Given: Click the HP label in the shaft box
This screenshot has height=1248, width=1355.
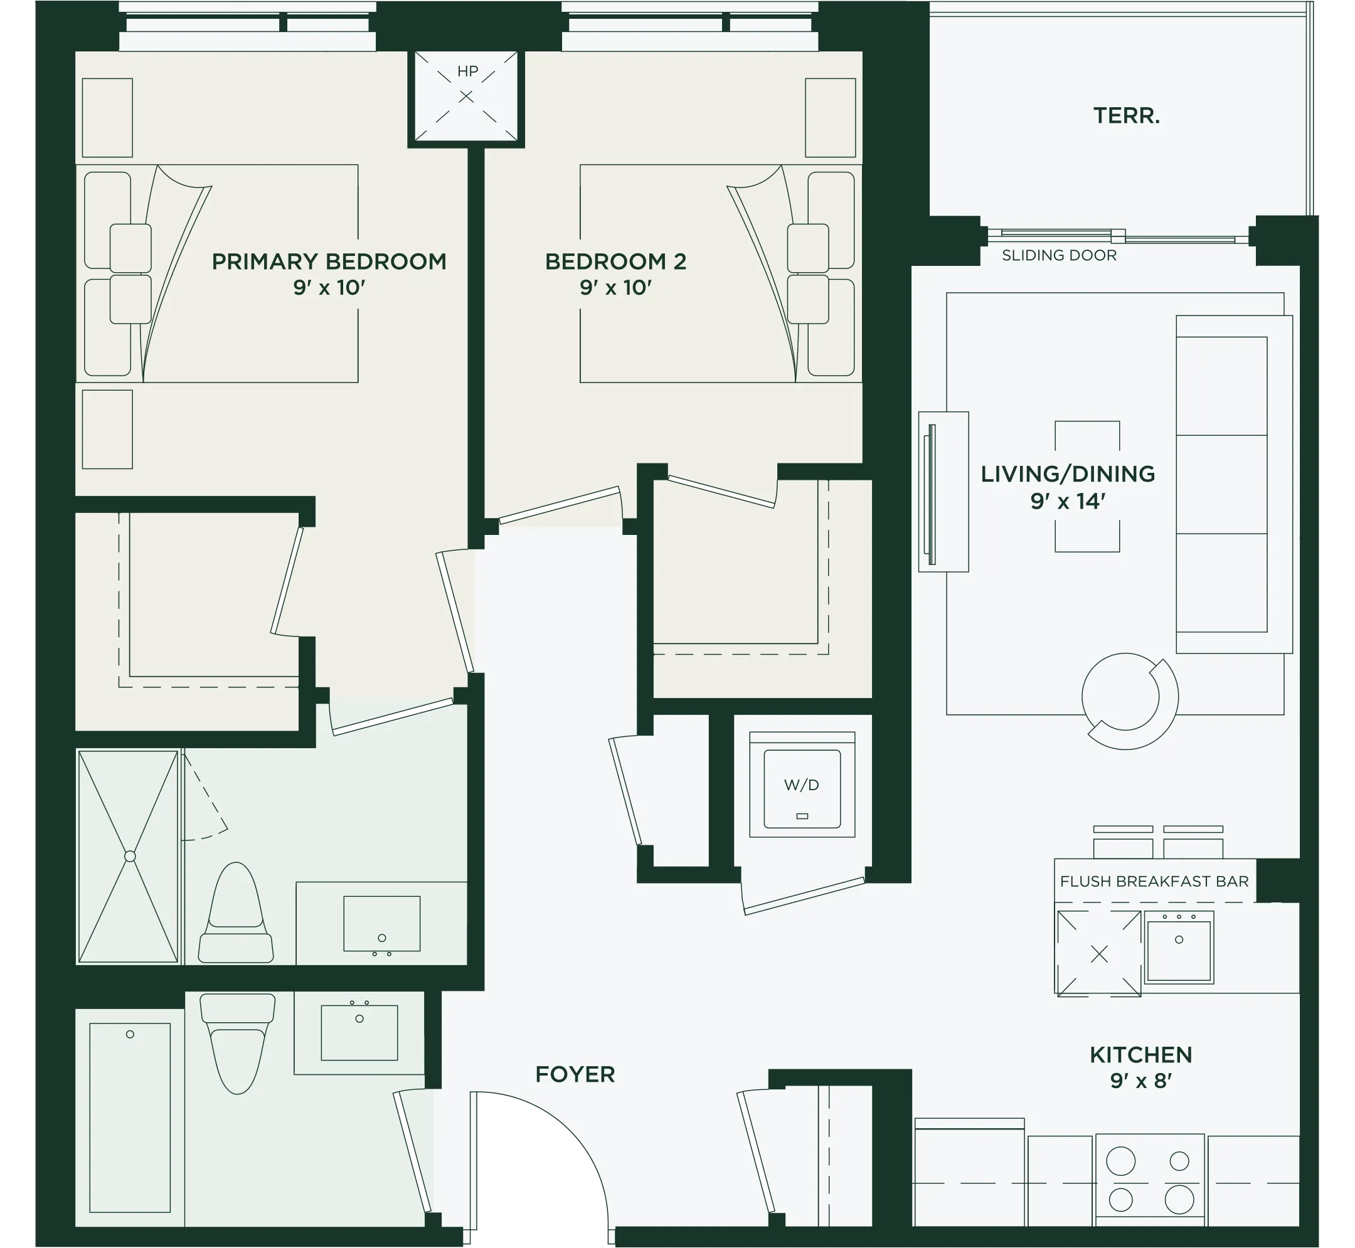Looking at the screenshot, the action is click(x=467, y=71).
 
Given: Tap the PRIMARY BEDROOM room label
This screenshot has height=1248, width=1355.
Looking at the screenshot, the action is click(x=329, y=262).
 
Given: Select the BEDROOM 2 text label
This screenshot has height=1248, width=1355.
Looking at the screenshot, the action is click(x=615, y=262).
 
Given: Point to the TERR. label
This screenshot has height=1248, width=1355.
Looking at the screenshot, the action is click(x=1126, y=115).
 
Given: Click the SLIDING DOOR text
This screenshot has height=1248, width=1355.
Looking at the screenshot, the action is click(x=1058, y=255).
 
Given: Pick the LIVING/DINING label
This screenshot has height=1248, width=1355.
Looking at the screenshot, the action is click(x=1067, y=474).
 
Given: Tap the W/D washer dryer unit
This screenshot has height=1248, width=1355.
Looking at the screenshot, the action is click(x=802, y=785).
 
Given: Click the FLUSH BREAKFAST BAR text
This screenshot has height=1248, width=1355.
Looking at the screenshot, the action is click(x=1154, y=881).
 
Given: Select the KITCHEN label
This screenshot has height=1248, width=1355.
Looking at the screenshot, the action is click(x=1141, y=1055).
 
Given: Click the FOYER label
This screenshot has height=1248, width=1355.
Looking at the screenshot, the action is click(x=575, y=1074).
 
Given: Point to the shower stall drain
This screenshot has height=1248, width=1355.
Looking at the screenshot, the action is click(x=130, y=856).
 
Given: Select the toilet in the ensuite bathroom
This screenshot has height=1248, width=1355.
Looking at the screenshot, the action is click(x=236, y=913).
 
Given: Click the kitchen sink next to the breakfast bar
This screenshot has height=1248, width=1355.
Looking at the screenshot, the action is click(x=1179, y=948).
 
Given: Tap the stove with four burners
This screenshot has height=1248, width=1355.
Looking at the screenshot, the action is click(x=1150, y=1180).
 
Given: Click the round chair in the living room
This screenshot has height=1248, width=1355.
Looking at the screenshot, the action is click(x=1129, y=702).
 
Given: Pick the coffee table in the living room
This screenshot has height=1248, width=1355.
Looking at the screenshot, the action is click(x=1087, y=486).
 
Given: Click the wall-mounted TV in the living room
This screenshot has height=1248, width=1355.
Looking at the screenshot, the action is click(x=932, y=494).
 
